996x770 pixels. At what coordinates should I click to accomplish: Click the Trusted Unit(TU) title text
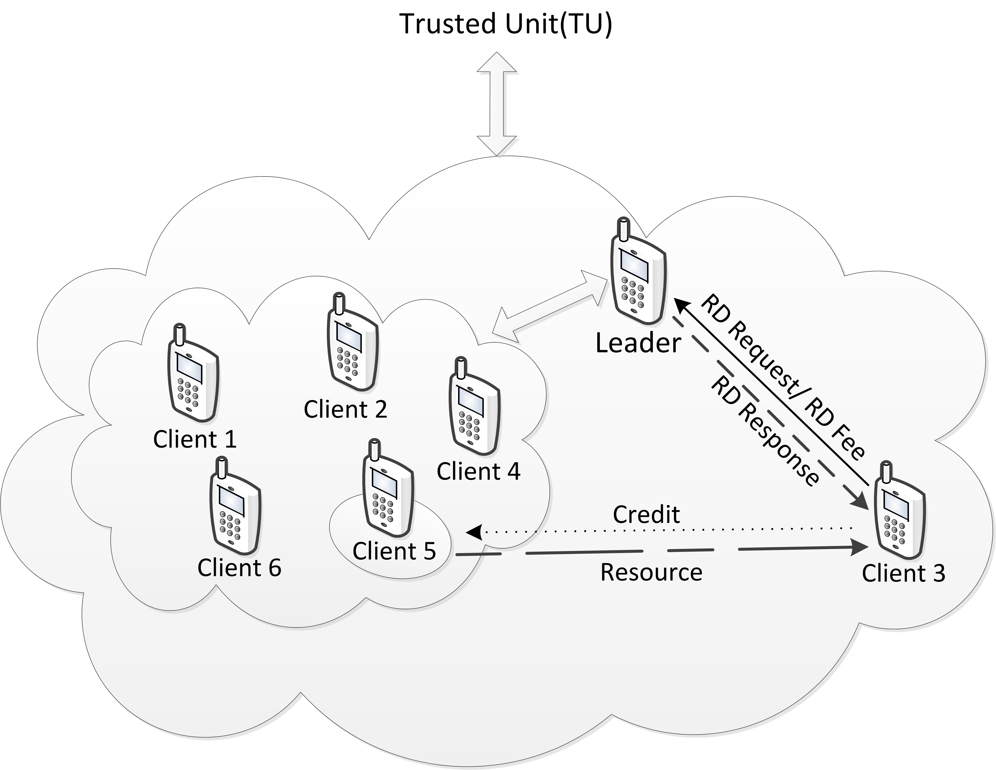[x=505, y=25]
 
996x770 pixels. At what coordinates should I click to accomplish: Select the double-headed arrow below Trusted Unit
[x=497, y=104]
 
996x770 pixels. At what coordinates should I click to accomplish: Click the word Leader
[x=638, y=343]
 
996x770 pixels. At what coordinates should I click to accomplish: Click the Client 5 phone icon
[x=388, y=488]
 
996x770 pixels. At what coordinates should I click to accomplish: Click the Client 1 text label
[x=195, y=439]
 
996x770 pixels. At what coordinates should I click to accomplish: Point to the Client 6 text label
[x=239, y=568]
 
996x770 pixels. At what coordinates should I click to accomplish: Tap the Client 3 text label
[x=903, y=573]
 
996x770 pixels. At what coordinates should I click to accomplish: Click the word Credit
[x=646, y=515]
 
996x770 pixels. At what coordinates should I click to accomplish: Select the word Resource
[x=651, y=572]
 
